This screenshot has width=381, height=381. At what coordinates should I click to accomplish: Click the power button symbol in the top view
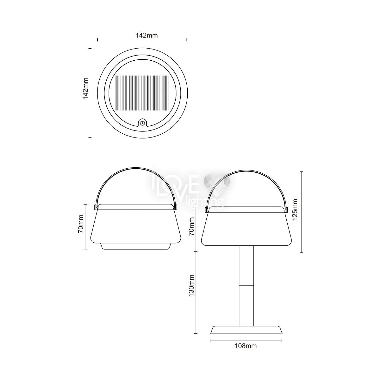142,123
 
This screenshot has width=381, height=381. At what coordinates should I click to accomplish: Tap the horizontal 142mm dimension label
146,35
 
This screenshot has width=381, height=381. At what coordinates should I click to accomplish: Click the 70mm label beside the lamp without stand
81,226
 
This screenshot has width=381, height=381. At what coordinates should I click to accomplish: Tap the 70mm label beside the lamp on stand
191,226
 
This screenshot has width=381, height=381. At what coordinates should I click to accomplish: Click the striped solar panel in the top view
142,93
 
